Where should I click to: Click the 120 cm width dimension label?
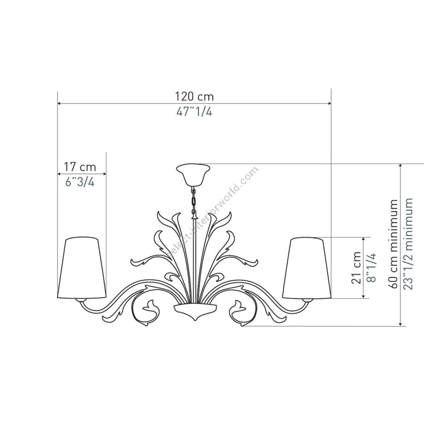[x=195, y=96]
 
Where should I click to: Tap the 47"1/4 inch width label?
[x=194, y=111]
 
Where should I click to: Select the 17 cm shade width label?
[x=80, y=167]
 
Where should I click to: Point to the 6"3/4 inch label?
[x=80, y=182]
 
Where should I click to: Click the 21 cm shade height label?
[x=357, y=268]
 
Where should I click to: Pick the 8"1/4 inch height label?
[x=372, y=268]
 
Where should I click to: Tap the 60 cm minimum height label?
[x=393, y=244]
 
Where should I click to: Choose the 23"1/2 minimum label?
[x=408, y=244]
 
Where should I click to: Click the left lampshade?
[x=82, y=268]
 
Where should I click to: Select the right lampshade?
[x=307, y=268]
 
